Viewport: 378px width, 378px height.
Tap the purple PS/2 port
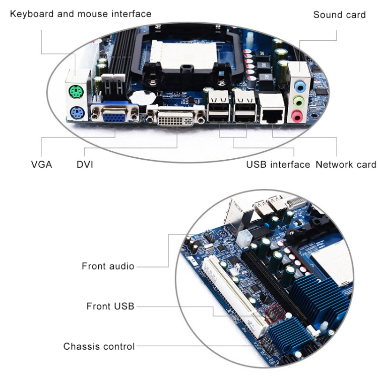click(77, 113)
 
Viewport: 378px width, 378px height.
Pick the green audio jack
click(300, 101)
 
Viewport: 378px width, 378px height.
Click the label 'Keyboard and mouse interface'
click(81, 14)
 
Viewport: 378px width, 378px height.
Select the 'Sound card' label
click(339, 15)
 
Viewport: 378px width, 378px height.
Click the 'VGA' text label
click(41, 164)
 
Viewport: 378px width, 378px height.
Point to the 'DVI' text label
click(85, 164)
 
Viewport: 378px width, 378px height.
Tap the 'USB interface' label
click(278, 164)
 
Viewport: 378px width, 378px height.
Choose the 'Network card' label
click(346, 164)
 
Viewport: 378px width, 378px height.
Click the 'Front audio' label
click(108, 266)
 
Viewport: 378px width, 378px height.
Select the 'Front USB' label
click(110, 306)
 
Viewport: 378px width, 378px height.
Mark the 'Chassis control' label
click(99, 346)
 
